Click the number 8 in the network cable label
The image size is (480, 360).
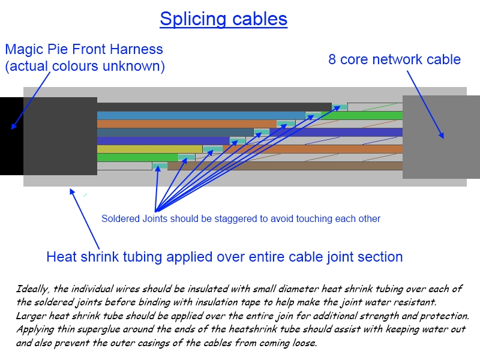pos(332,59)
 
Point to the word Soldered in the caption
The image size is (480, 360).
pos(120,218)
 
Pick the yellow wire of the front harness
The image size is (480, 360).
pos(150,149)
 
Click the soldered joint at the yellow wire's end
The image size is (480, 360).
pos(212,149)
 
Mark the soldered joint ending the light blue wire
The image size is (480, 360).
pos(314,115)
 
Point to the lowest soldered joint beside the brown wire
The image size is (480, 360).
pos(160,166)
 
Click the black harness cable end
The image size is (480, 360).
pos(11,136)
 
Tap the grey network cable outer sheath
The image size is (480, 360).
pos(441,137)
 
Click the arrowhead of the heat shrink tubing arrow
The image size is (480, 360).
pos(72,191)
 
